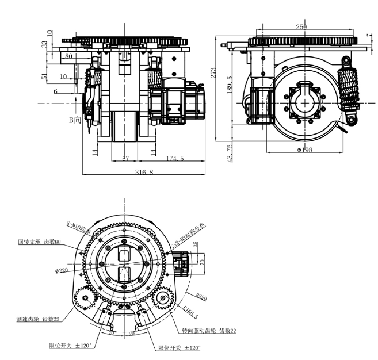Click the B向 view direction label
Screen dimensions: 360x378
(x=74, y=120)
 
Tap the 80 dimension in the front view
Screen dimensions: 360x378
(x=68, y=56)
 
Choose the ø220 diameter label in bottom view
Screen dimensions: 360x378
(x=62, y=270)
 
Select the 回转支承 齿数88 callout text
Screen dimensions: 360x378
(x=40, y=242)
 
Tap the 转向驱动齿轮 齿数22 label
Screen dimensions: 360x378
(x=208, y=331)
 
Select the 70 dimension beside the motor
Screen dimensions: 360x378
(x=201, y=262)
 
